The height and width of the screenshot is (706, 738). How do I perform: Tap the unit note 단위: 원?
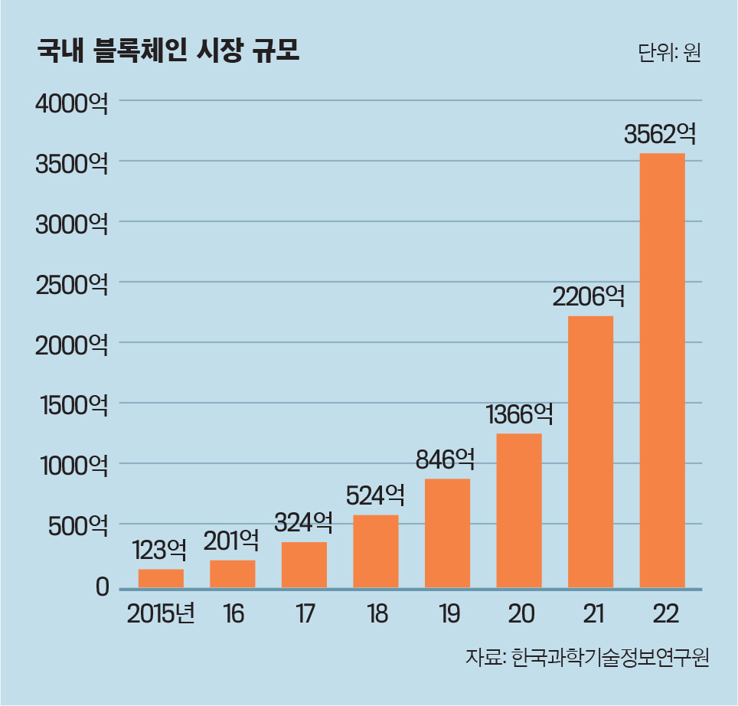(x=668, y=53)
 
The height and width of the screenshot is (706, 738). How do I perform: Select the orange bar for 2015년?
(x=161, y=578)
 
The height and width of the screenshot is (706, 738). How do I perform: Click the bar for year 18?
(x=375, y=551)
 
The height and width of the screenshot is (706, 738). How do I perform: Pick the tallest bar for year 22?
(x=661, y=371)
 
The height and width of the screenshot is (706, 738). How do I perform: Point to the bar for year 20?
(x=518, y=511)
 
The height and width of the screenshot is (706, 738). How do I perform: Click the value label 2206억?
(x=589, y=296)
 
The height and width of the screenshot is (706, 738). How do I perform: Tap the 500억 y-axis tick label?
(x=77, y=527)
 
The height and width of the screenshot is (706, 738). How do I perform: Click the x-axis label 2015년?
(x=162, y=615)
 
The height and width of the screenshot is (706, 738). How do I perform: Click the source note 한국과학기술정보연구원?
(x=610, y=658)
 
